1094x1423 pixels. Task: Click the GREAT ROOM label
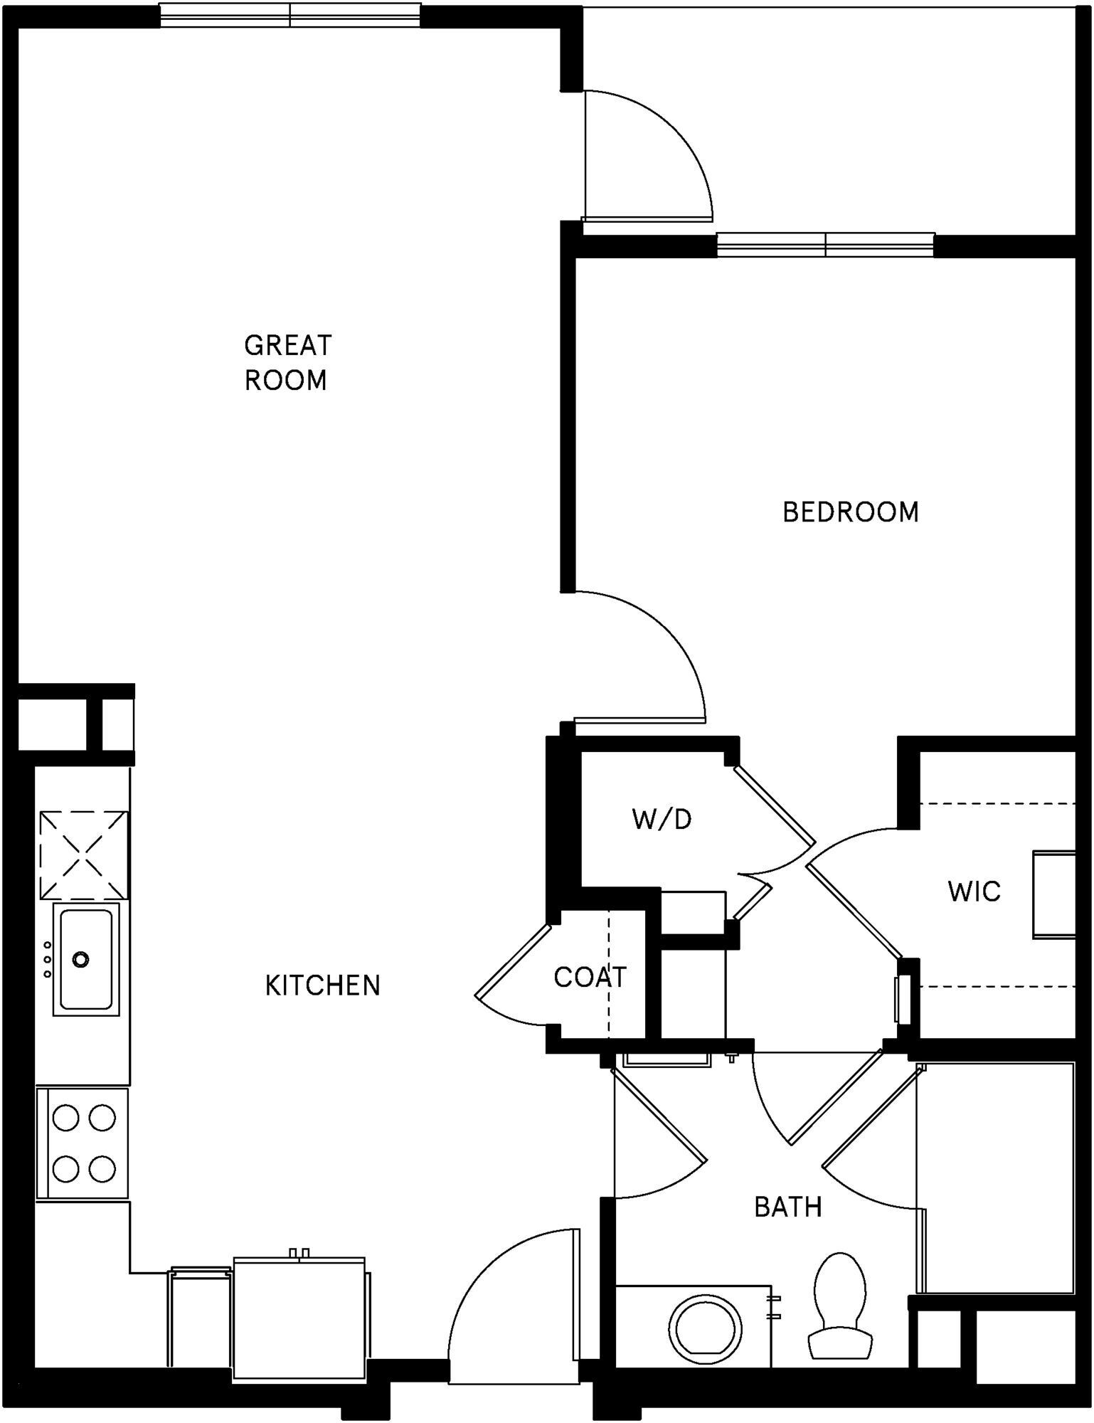point(287,363)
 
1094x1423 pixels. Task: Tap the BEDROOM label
point(851,513)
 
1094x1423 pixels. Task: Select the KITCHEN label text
point(323,986)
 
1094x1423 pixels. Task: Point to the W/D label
point(662,820)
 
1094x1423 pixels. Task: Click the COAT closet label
point(590,978)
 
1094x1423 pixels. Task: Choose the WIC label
point(974,892)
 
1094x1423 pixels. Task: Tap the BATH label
point(788,1207)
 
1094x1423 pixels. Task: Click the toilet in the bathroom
point(840,1308)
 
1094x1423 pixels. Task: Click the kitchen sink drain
point(81,959)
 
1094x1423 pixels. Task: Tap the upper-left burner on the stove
point(65,1118)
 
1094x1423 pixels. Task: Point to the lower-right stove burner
point(102,1168)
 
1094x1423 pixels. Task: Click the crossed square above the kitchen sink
point(84,855)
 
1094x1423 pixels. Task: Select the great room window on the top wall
point(290,16)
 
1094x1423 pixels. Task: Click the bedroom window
point(825,245)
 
